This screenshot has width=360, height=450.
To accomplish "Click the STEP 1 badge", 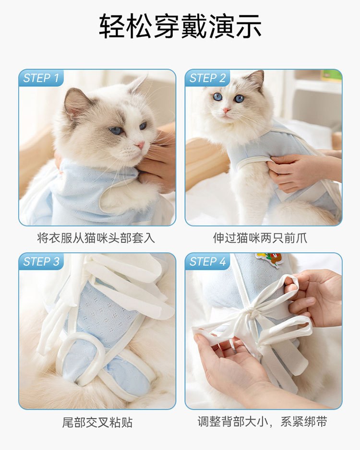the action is click(x=41, y=78).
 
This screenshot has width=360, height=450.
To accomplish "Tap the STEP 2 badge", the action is click(x=207, y=78).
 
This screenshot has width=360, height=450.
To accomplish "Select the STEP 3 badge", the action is click(x=41, y=261).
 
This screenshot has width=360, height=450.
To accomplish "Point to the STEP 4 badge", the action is click(x=207, y=261).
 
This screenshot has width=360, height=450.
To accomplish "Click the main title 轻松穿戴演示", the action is click(x=180, y=26).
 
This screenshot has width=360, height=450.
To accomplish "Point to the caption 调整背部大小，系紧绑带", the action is click(x=262, y=422).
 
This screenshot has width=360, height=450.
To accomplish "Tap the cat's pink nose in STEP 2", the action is click(x=226, y=110).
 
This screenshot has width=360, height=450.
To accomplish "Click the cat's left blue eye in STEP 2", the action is click(x=217, y=97).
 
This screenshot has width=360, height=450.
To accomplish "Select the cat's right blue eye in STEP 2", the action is click(x=239, y=99).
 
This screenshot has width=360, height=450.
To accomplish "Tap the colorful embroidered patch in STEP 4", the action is click(x=268, y=260).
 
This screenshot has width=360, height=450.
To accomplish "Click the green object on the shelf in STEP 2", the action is click(x=331, y=76).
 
